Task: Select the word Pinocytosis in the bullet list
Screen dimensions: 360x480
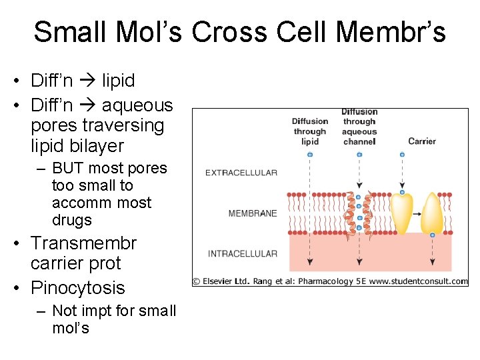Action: click(x=77, y=287)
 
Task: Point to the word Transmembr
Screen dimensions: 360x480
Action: click(x=83, y=243)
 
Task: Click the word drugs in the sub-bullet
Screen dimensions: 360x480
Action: click(x=71, y=220)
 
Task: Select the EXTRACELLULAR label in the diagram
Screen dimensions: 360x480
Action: click(x=241, y=173)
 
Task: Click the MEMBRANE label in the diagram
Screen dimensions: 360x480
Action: click(x=252, y=213)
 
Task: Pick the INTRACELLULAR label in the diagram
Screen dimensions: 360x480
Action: click(x=243, y=253)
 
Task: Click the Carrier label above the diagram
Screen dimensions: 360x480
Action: click(x=421, y=141)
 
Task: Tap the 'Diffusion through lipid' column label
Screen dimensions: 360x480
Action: click(x=310, y=131)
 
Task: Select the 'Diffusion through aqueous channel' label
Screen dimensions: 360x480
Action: click(x=359, y=127)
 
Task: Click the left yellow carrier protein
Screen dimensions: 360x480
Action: click(x=401, y=213)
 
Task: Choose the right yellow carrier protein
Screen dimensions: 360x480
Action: click(x=432, y=213)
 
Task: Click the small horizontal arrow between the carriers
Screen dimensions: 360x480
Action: click(x=417, y=214)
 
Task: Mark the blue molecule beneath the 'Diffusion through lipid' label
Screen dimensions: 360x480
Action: click(x=310, y=155)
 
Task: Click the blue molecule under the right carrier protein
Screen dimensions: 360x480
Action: click(x=433, y=235)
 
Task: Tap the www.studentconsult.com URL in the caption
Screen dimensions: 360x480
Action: click(x=419, y=281)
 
